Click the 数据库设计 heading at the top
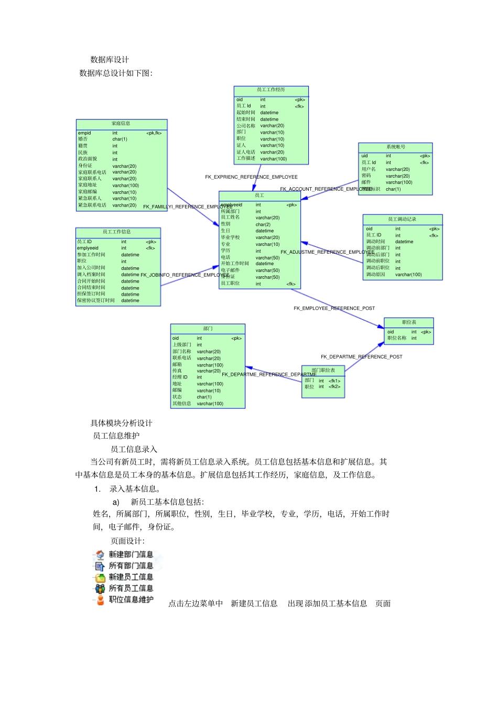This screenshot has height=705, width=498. click(110, 60)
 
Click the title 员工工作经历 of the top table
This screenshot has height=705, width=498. click(271, 90)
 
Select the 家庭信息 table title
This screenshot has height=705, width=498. click(121, 124)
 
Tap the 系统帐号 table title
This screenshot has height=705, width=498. click(396, 147)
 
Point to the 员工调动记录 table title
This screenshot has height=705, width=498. click(402, 219)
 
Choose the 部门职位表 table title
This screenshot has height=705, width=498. click(323, 370)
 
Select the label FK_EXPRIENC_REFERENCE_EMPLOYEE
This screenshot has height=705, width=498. click(251, 177)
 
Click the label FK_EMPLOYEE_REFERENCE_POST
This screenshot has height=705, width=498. click(334, 308)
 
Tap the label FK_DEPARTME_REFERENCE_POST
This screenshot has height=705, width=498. click(362, 357)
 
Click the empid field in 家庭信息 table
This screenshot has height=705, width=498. click(84, 133)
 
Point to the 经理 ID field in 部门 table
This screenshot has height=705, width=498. click(180, 377)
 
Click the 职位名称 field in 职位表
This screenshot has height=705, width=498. click(397, 338)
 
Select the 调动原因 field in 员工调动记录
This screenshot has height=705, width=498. click(375, 275)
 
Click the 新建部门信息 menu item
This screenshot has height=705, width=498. click(131, 555)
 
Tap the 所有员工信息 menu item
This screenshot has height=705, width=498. click(131, 588)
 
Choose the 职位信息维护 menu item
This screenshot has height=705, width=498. click(131, 600)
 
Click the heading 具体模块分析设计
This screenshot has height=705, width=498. click(121, 423)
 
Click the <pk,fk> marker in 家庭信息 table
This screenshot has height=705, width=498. click(154, 133)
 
